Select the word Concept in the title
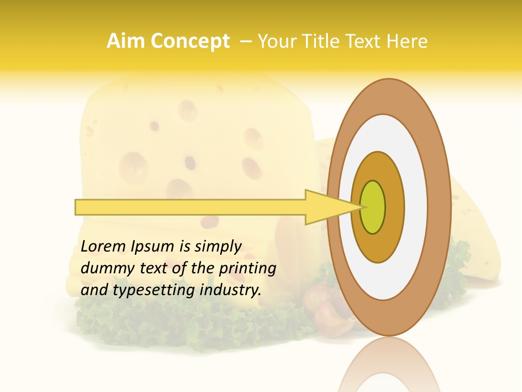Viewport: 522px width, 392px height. pos(190,41)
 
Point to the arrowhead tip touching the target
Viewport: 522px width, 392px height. pos(361,207)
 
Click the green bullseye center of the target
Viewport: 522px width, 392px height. pos(373,207)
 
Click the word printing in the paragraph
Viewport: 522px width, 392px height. pos(247,268)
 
